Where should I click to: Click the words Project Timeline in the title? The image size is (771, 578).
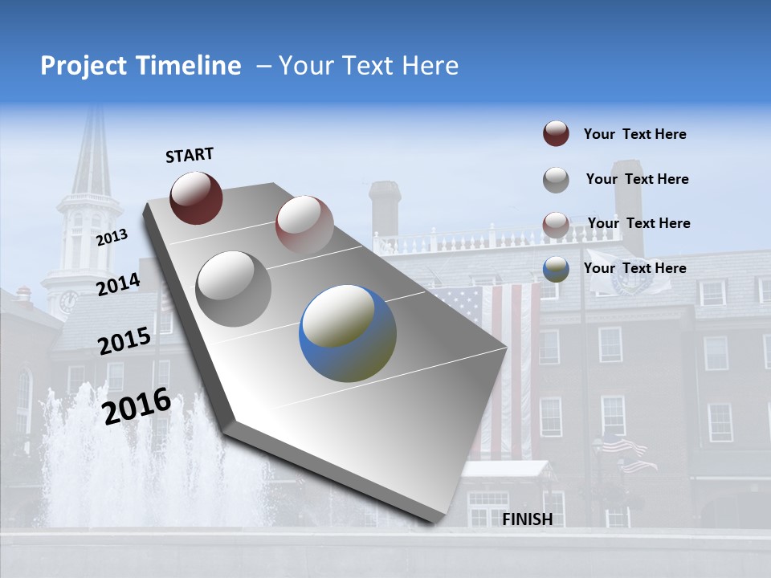click(141, 66)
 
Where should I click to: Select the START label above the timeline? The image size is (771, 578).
click(190, 154)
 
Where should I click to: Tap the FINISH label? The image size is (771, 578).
click(527, 519)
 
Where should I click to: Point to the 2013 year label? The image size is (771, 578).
click(112, 238)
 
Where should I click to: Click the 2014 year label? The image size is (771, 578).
click(118, 284)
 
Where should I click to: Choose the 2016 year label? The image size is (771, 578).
click(137, 405)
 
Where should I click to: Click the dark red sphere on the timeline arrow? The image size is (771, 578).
click(196, 197)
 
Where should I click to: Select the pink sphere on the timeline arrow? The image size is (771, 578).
click(304, 225)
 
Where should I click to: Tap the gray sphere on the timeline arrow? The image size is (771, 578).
click(234, 288)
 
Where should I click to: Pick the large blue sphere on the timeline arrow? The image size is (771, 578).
click(348, 333)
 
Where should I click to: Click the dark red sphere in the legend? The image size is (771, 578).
click(556, 134)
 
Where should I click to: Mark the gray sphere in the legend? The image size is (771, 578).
click(556, 180)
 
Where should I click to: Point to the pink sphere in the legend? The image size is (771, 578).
click(556, 225)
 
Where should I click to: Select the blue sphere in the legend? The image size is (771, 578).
click(556, 269)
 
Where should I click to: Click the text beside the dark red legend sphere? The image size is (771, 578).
click(634, 134)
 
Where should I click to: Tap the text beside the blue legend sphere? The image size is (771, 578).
click(634, 268)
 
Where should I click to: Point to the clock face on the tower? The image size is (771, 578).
click(69, 301)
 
